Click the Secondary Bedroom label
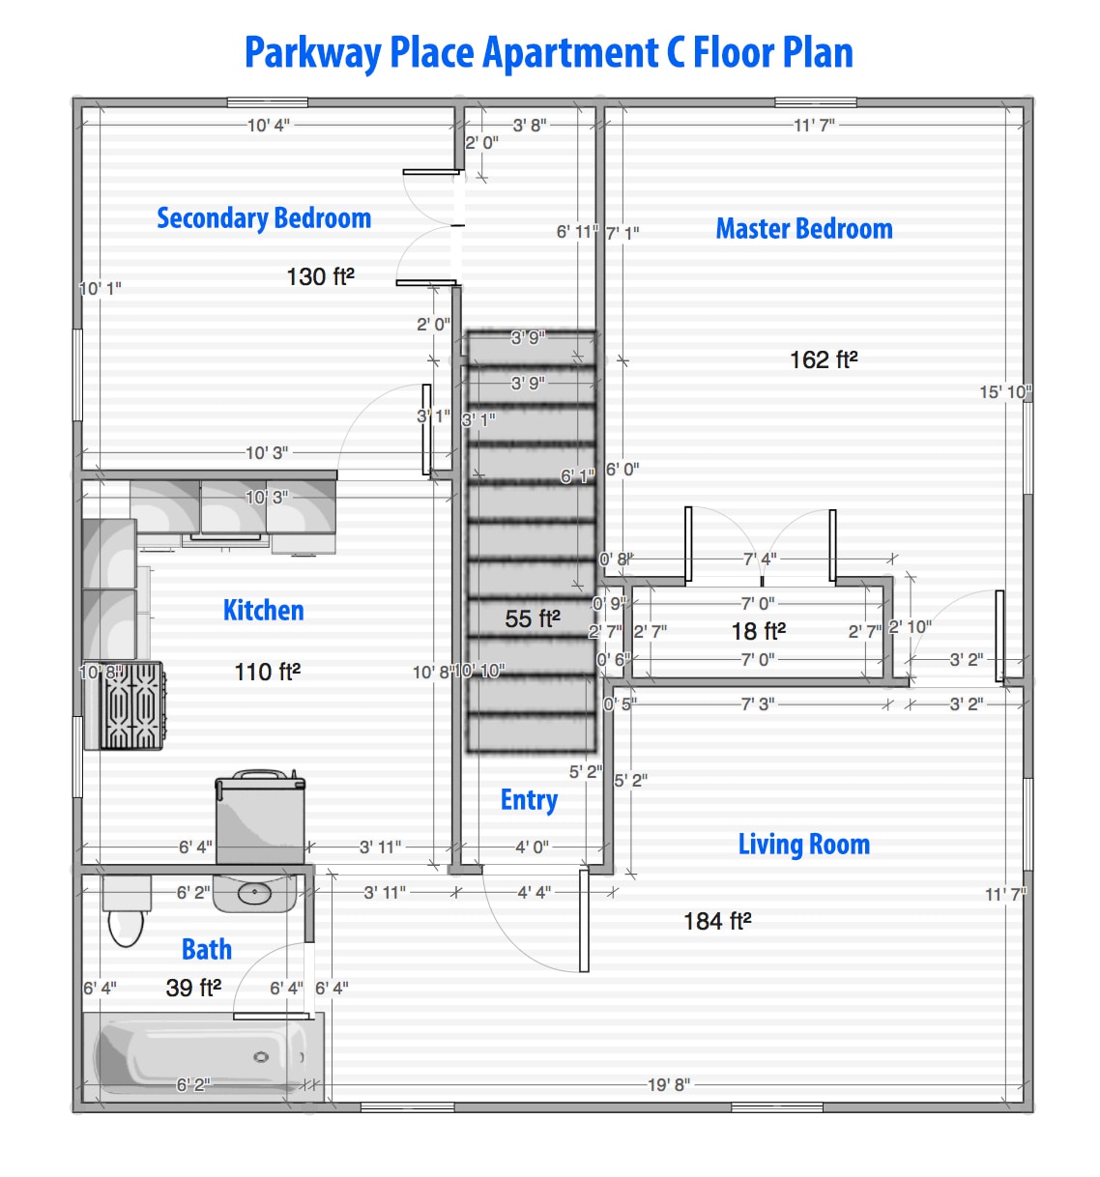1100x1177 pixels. click(264, 218)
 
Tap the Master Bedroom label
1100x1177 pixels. click(803, 229)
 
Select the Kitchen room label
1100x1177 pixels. click(263, 611)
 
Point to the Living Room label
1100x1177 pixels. click(803, 845)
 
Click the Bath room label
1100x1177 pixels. click(207, 950)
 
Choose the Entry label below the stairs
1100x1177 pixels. click(529, 800)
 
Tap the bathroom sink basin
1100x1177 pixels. click(254, 894)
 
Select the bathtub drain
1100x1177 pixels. click(261, 1057)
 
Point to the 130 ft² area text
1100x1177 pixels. click(320, 277)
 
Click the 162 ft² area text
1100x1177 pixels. click(824, 360)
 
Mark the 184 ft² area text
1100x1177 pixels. click(717, 922)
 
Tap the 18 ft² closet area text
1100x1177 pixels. click(758, 632)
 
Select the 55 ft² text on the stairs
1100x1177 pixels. click(533, 619)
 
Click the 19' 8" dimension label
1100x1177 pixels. click(669, 1085)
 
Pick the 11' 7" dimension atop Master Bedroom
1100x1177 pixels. click(814, 126)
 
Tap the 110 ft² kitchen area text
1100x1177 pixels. click(267, 673)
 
